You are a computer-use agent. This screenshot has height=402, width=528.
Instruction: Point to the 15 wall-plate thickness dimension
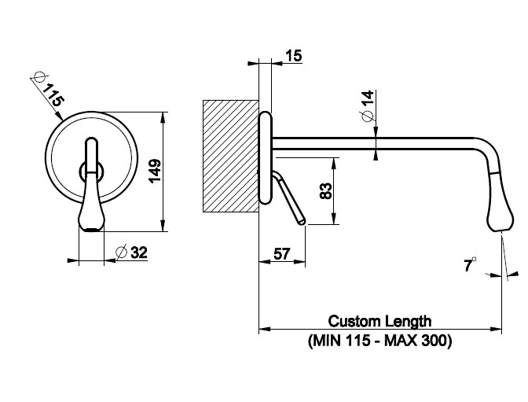pos(293,56)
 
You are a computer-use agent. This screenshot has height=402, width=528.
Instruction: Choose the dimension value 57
pos(282,254)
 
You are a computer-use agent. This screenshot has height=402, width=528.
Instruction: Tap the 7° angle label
pos(469,267)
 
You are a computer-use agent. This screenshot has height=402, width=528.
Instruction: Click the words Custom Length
pos(380,321)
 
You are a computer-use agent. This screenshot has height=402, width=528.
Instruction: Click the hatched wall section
pos(230,155)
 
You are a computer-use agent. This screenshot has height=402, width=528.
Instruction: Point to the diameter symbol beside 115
pos(38,77)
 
